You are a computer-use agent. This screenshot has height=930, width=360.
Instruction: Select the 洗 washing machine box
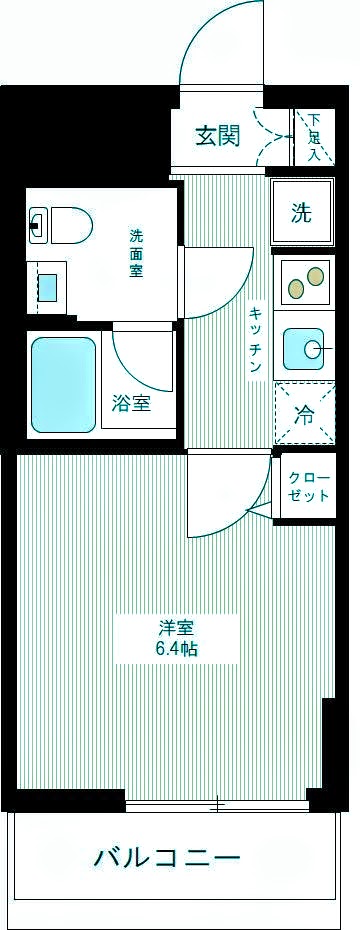click(301, 212)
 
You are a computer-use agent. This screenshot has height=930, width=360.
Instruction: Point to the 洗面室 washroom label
click(136, 257)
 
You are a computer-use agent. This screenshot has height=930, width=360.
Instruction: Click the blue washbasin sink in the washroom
click(47, 286)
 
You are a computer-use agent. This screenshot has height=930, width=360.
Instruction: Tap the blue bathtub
click(63, 383)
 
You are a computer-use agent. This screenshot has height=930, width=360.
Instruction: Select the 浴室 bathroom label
click(131, 404)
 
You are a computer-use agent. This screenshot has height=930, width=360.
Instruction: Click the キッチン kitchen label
click(256, 340)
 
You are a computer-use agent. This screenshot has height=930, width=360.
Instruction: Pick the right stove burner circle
click(317, 274)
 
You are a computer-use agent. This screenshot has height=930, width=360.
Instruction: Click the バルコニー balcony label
click(167, 858)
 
